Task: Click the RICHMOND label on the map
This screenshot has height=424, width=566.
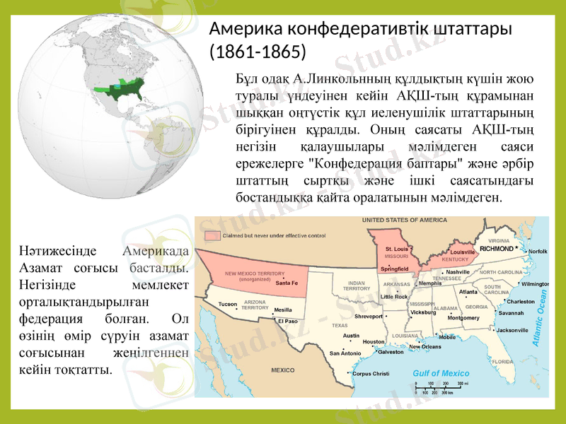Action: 496,249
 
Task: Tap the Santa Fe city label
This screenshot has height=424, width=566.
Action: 287,283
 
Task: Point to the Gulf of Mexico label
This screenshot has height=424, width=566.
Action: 441,373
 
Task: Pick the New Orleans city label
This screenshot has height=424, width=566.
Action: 425,347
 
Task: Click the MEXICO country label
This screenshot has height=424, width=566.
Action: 283,370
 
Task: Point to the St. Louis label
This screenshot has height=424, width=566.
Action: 396,249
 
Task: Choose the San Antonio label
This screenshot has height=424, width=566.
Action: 345,353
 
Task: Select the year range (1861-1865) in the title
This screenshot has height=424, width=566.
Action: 258,52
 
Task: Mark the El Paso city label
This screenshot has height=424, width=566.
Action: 287,322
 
